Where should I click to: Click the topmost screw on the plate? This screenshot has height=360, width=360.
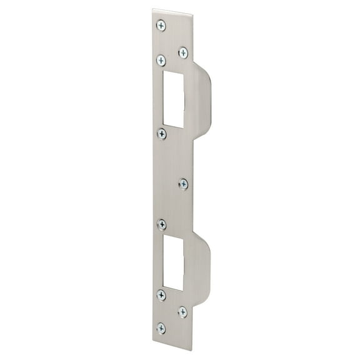(161, 25)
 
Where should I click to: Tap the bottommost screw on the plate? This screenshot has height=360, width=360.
(161, 327)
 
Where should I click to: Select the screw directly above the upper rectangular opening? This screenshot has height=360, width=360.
(161, 60)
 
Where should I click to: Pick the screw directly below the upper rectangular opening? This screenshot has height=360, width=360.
(162, 134)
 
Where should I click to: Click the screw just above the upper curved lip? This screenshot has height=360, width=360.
(183, 52)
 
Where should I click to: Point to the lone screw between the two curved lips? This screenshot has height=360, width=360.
(183, 183)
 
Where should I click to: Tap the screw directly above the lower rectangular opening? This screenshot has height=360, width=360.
(162, 224)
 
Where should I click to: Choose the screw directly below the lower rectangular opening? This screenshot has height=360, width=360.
(161, 295)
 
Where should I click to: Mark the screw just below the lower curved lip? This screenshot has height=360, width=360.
(182, 311)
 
